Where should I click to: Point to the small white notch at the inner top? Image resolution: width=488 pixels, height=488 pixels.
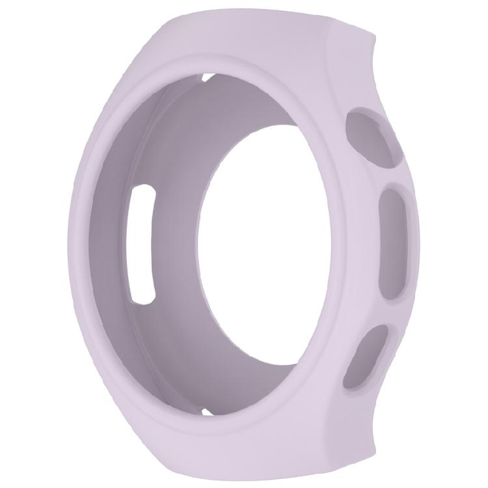(208, 78)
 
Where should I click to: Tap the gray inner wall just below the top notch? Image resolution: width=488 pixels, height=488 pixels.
(208, 98)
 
